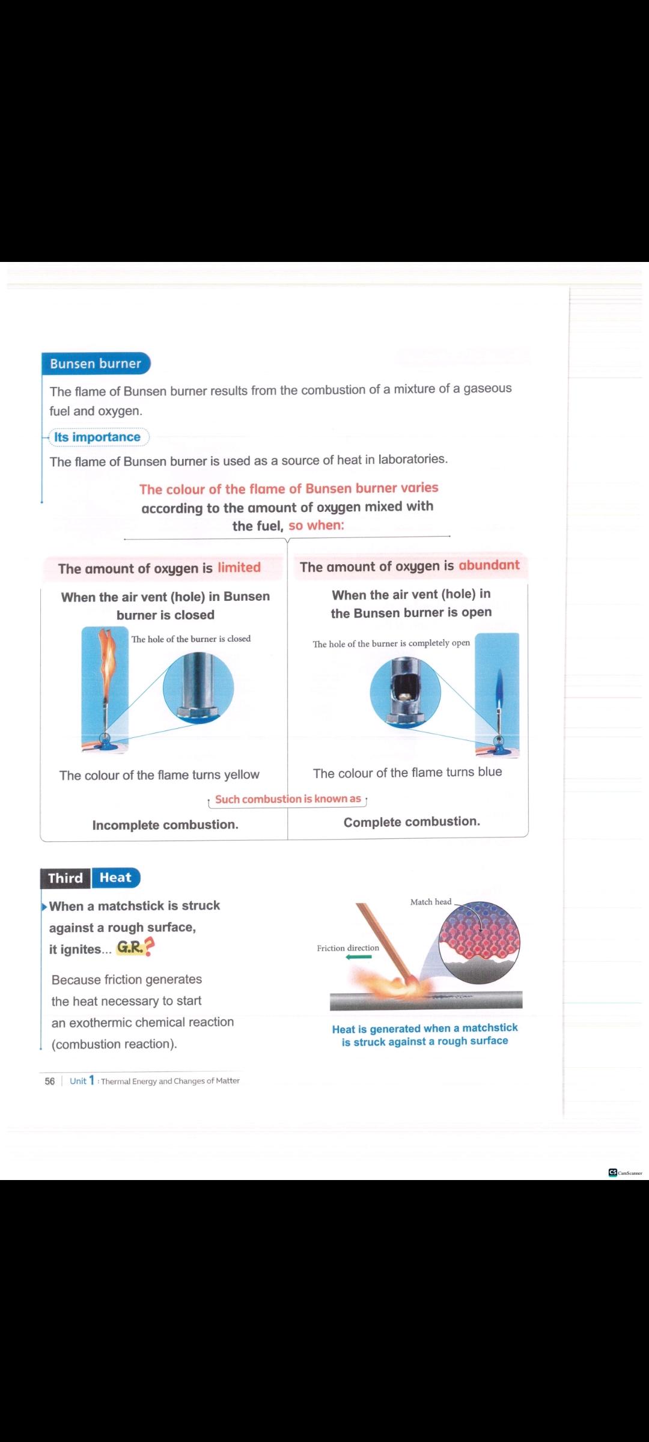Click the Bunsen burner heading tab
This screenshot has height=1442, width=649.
(96, 364)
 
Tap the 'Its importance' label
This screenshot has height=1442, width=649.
(97, 437)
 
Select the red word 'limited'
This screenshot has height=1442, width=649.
(239, 568)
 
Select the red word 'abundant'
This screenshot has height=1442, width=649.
(489, 565)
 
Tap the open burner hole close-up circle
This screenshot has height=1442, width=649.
(405, 692)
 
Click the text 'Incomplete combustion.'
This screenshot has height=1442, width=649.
(165, 825)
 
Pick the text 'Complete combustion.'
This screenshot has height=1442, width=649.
(412, 822)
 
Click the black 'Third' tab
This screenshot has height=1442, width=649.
(66, 878)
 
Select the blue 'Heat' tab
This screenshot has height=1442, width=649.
(115, 878)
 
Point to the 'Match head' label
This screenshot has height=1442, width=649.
(430, 902)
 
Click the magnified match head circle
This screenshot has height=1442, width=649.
(479, 940)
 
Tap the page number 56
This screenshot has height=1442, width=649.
(50, 1081)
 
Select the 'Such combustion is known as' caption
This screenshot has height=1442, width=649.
(288, 799)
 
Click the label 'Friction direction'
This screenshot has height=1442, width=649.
(348, 948)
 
